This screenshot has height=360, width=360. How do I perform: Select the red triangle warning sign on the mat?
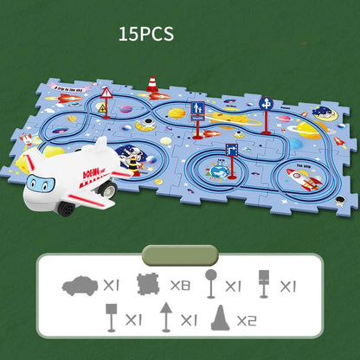point(106,94)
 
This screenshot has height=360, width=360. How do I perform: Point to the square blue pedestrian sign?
point(198,112)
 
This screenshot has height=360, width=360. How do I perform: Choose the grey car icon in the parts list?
point(81,284)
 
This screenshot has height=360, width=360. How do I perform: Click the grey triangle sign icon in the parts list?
point(165,317)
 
